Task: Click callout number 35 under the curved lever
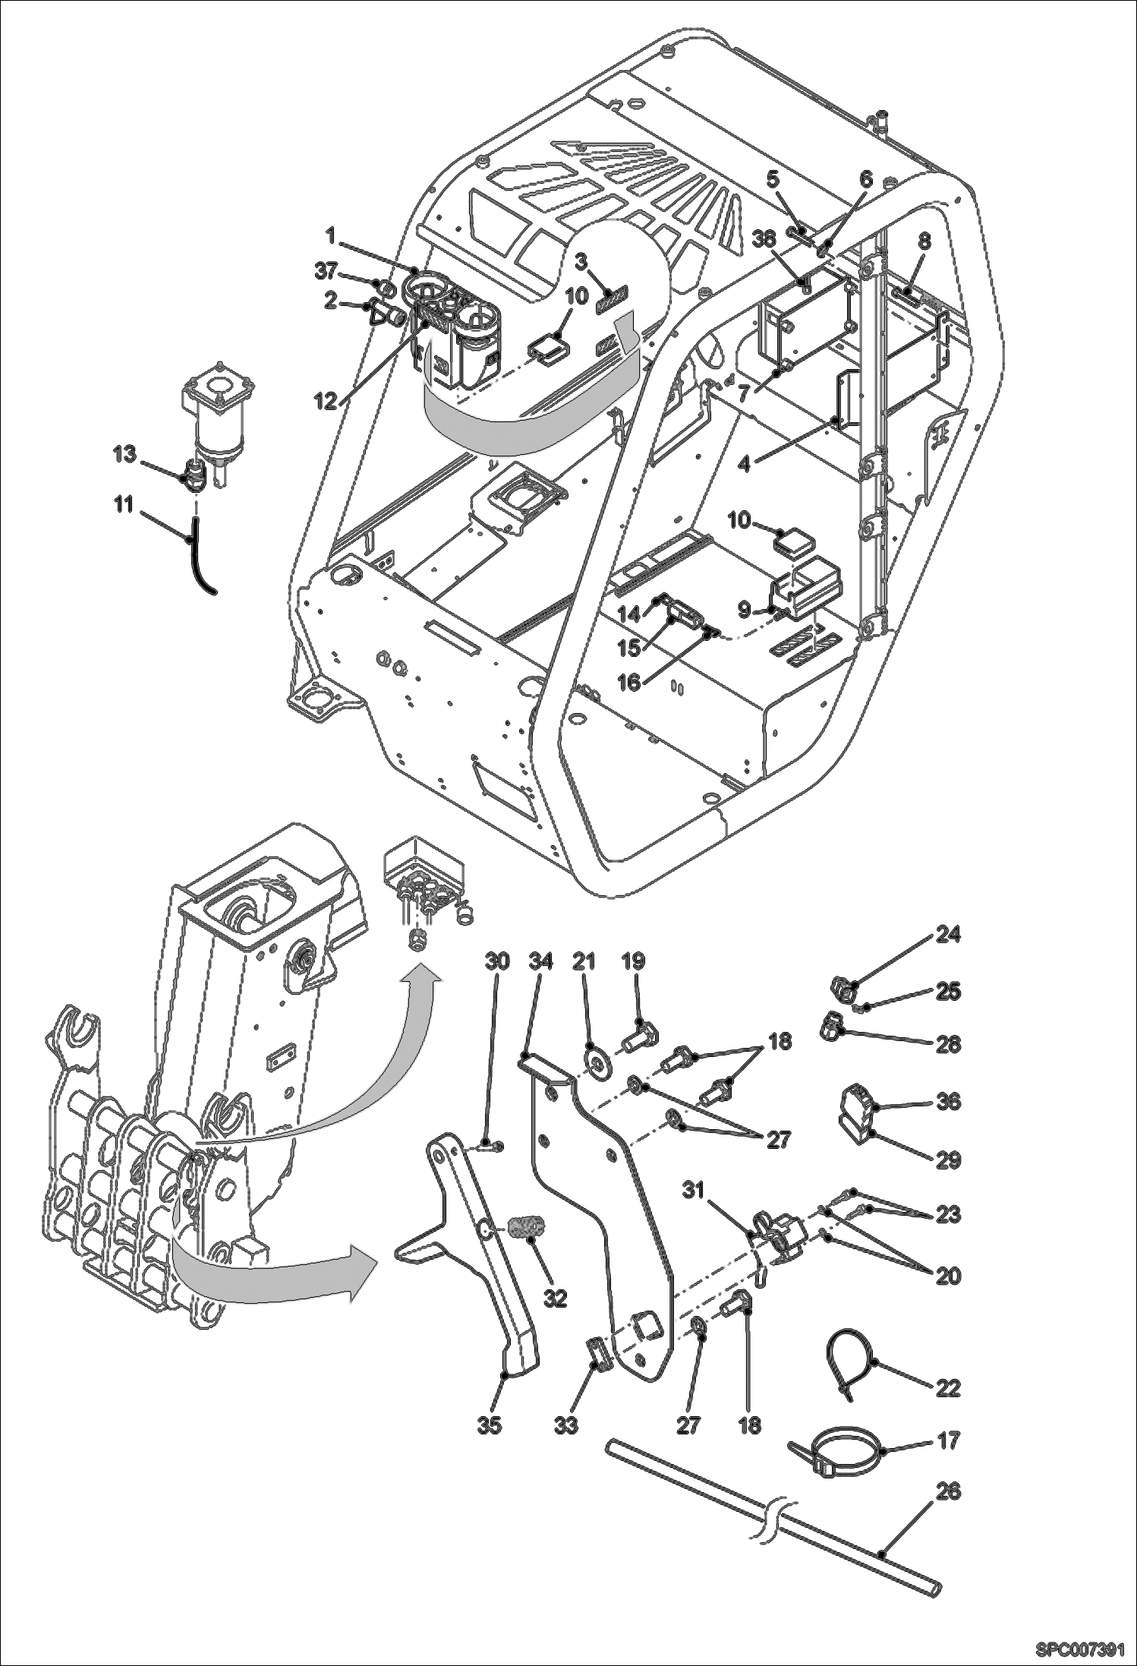490,1425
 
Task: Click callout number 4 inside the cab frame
744,462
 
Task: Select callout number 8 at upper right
923,242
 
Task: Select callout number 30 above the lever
497,961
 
